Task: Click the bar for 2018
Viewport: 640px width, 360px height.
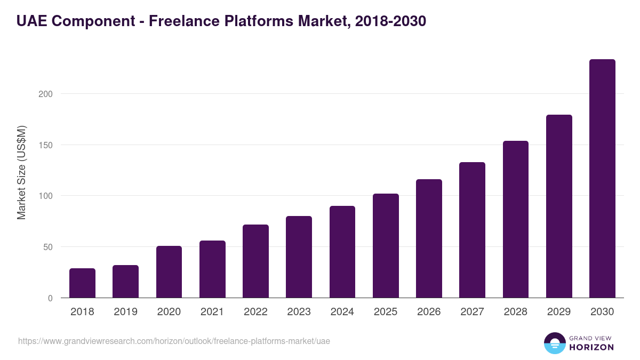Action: (x=82, y=283)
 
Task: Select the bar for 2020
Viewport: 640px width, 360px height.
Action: (x=169, y=272)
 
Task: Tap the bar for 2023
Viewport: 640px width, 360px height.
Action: (x=299, y=257)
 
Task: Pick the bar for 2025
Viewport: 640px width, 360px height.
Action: (x=386, y=246)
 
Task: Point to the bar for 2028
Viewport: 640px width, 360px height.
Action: (x=516, y=219)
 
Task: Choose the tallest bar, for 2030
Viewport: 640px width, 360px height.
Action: (x=602, y=179)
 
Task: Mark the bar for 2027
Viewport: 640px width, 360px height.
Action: (x=472, y=230)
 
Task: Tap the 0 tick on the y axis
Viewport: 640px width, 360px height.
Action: (x=50, y=299)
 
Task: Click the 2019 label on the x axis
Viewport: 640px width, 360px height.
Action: (x=125, y=312)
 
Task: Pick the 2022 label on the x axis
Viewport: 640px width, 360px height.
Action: (x=255, y=312)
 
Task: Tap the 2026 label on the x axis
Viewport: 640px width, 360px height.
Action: (x=429, y=312)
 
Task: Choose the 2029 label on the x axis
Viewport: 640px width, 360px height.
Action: (x=559, y=312)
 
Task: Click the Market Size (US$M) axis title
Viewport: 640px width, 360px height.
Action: (x=21, y=172)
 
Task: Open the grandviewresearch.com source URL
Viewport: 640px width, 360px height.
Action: (x=174, y=341)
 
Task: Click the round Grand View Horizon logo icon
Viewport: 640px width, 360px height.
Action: (x=554, y=343)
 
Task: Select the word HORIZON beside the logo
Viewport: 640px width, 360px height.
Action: (x=591, y=347)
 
